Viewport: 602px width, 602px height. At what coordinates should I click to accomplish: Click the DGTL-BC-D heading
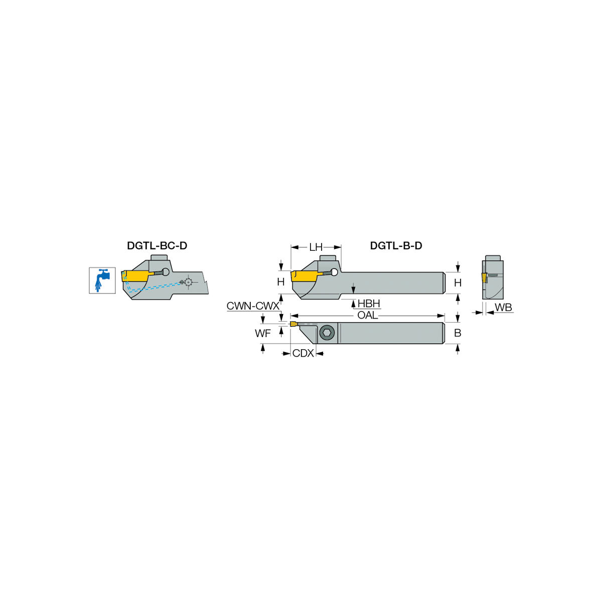click(x=157, y=246)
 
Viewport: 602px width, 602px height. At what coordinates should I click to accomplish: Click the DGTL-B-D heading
click(x=396, y=246)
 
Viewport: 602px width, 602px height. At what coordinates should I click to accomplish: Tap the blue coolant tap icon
click(x=102, y=280)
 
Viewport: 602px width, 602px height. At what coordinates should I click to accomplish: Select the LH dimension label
click(x=316, y=247)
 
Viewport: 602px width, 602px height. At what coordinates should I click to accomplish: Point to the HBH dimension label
click(x=369, y=304)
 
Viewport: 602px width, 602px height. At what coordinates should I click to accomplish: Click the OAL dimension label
click(x=367, y=315)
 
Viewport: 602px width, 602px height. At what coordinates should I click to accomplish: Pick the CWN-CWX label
click(x=253, y=306)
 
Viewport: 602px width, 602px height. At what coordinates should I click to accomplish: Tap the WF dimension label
click(x=263, y=333)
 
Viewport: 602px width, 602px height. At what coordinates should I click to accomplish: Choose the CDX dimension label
click(x=303, y=353)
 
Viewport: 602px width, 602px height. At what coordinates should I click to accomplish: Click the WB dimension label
click(x=503, y=308)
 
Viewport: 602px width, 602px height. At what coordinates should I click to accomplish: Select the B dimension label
click(x=458, y=333)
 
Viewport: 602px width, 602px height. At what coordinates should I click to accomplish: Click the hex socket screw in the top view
click(x=327, y=333)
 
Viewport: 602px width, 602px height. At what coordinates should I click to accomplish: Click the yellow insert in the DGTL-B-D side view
click(x=305, y=276)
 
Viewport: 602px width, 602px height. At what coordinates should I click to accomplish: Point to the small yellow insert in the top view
click(x=293, y=324)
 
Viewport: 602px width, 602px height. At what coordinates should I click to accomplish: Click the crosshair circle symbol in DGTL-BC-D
click(x=188, y=282)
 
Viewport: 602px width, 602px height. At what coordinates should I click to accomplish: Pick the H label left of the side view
click(x=280, y=282)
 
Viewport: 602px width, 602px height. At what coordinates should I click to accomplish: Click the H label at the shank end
click(x=458, y=283)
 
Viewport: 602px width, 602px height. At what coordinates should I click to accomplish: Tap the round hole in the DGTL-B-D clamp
click(x=334, y=272)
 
